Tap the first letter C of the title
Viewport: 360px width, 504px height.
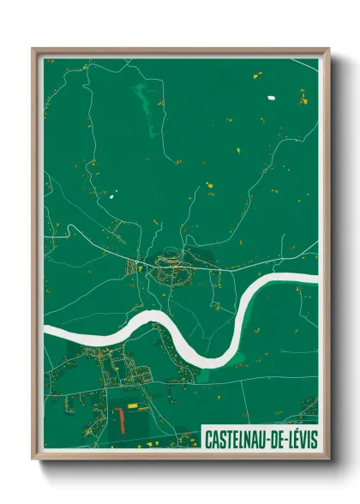208,439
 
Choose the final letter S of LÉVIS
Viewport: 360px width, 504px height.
313,439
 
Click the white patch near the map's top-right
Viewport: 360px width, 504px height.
273,97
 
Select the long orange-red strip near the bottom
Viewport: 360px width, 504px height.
121,420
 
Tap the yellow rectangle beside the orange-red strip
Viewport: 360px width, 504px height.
132,404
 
